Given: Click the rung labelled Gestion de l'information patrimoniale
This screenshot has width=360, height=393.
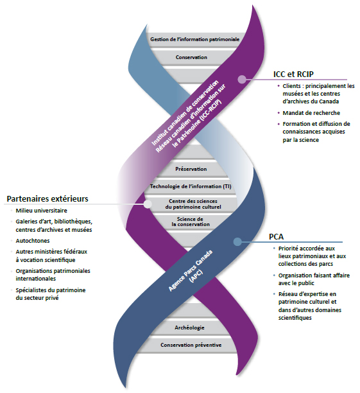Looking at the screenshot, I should (194, 40).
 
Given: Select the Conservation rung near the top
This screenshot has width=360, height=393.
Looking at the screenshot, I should (191, 57).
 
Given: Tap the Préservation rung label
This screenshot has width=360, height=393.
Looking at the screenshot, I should (191, 170).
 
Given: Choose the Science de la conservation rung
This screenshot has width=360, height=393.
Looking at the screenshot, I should (191, 222).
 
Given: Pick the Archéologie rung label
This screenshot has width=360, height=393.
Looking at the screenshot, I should (190, 327).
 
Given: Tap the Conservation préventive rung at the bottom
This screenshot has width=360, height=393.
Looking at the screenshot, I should (191, 345).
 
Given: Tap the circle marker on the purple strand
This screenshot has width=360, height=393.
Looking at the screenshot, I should (242, 80).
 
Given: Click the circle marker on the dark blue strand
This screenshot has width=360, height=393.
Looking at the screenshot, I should (237, 242).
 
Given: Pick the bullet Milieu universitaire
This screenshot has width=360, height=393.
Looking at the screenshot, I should (42, 210).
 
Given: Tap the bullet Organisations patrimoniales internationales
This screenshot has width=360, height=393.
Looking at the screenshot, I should (53, 275).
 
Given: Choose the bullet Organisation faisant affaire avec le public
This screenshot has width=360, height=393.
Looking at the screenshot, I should (309, 279).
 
